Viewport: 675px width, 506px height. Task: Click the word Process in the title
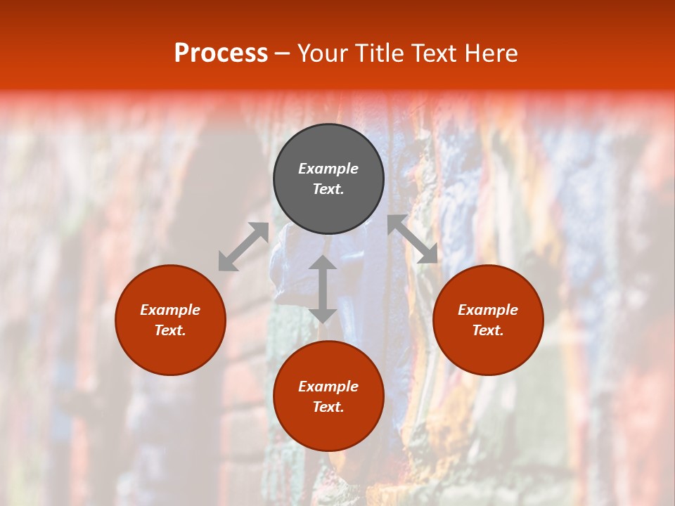[221, 53]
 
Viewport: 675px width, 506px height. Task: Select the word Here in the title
[491, 53]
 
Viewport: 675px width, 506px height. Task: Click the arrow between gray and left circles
[243, 247]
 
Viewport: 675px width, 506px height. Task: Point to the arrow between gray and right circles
[412, 239]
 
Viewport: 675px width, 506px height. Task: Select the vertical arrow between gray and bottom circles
[323, 289]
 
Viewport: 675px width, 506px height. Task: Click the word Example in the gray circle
[328, 169]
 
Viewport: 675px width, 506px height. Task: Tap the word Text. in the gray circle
[328, 189]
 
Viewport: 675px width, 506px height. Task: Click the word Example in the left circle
[170, 310]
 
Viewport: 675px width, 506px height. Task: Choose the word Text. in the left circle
[170, 330]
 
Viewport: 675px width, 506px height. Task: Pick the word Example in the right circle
[488, 310]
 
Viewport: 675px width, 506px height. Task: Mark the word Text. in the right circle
[488, 330]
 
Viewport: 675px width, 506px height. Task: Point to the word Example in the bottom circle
[328, 387]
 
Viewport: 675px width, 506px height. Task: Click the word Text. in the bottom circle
[328, 407]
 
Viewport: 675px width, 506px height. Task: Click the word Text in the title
[434, 53]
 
